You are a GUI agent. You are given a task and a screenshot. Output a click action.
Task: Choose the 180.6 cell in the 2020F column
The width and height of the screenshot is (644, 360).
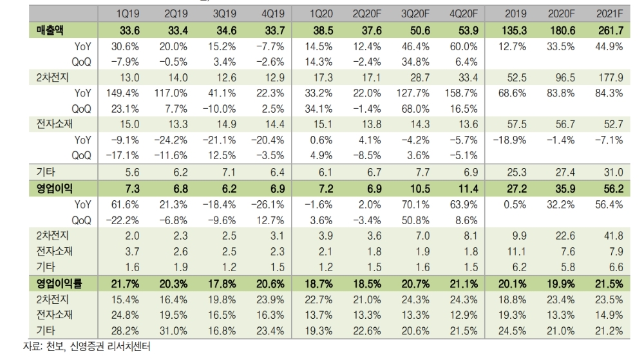tap(561, 30)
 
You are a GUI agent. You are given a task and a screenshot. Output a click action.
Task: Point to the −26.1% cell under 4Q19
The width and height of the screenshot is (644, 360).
tap(268, 204)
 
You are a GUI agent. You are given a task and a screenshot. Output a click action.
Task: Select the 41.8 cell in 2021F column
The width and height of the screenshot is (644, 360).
tap(609, 235)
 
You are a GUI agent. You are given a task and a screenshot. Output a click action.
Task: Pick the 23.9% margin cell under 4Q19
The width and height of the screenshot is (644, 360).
tap(269, 298)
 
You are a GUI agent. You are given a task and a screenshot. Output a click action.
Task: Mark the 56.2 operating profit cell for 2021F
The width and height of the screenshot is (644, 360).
tap(609, 188)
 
